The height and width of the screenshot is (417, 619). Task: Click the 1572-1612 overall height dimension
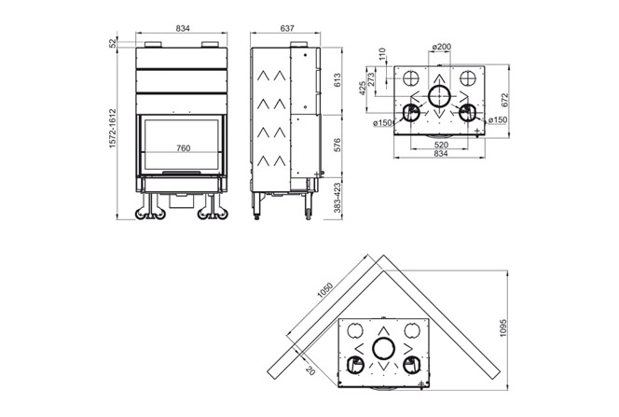pyautogui.click(x=114, y=126)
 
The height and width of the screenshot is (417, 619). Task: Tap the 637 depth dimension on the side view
pyautogui.click(x=286, y=29)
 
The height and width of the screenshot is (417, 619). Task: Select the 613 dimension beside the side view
pyautogui.click(x=338, y=81)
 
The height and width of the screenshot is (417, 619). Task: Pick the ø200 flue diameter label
pyautogui.click(x=442, y=47)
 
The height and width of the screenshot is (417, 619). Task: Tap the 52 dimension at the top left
pyautogui.click(x=114, y=43)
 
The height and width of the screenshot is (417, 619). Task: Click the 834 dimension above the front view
pyautogui.click(x=183, y=29)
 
